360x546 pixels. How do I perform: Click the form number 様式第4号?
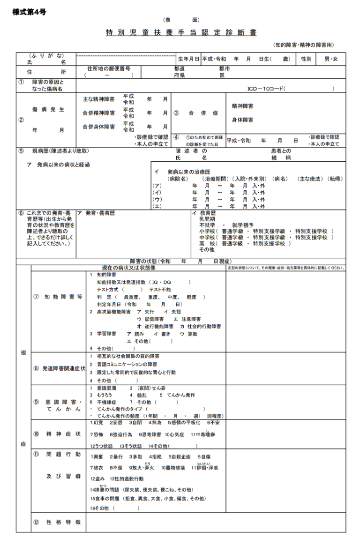coord(29,12)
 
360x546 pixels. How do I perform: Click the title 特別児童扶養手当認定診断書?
coord(181,33)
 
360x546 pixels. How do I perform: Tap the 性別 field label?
coord(306,59)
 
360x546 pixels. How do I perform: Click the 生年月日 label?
coord(188,59)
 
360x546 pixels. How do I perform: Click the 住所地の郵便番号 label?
coord(108,68)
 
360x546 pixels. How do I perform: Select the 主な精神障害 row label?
coord(98,99)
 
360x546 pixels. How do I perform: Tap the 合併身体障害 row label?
coord(98,127)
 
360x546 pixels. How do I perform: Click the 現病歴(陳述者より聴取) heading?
coord(60,151)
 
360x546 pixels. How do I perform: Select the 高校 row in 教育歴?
coord(207,243)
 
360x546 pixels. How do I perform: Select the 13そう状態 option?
coord(130,446)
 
